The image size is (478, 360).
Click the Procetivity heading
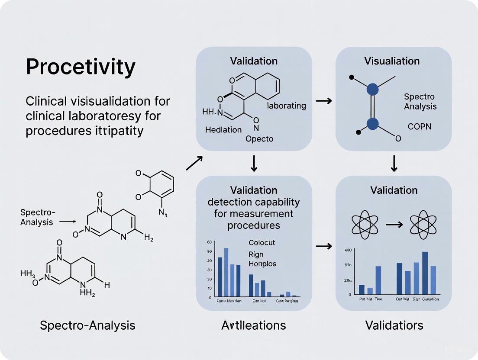(81, 67)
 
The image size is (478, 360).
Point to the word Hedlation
(223, 130)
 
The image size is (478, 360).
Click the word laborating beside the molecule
(287, 106)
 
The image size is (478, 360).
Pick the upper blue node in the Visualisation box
(372, 90)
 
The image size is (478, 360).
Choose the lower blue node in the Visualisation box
(372, 123)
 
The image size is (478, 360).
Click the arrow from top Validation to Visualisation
(324, 101)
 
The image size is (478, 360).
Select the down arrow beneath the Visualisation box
(394, 164)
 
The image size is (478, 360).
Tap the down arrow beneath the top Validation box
(254, 164)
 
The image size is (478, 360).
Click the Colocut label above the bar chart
(262, 243)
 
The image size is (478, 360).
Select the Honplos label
(262, 264)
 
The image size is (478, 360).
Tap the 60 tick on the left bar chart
(210, 242)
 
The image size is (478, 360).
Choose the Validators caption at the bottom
(394, 325)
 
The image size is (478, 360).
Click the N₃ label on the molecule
(162, 212)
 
